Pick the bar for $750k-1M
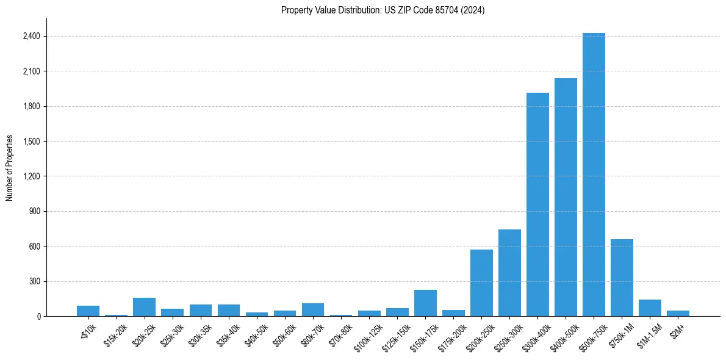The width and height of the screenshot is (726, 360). (x=622, y=278)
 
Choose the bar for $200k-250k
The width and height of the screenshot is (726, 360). (x=481, y=283)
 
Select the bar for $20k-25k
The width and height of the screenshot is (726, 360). (x=144, y=307)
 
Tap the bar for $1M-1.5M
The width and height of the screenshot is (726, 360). (x=650, y=308)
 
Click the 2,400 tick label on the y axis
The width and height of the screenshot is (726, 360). (x=31, y=37)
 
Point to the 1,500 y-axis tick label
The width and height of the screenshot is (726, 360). (x=31, y=142)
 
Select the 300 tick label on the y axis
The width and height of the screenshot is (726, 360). (x=34, y=282)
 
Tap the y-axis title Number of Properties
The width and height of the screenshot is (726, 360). (x=10, y=168)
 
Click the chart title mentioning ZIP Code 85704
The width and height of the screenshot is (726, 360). (x=383, y=10)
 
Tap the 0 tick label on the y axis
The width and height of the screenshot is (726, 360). (x=38, y=317)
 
